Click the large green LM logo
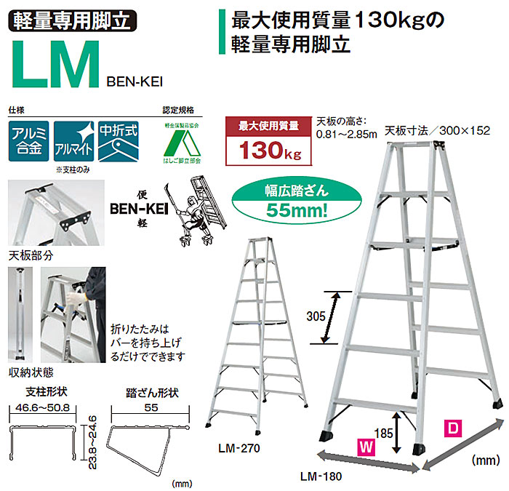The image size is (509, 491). [54, 65]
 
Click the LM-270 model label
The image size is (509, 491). [238, 448]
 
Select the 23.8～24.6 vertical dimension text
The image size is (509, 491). [93, 441]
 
